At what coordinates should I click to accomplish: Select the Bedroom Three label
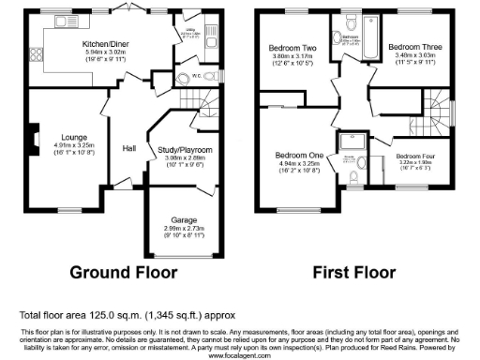coord(411,46)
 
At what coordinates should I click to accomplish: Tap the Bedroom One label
coord(298,155)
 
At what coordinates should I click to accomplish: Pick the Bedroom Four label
coord(414,156)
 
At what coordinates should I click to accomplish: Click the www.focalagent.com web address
coord(239,356)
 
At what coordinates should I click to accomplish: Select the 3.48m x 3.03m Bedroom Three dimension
coord(411,55)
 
